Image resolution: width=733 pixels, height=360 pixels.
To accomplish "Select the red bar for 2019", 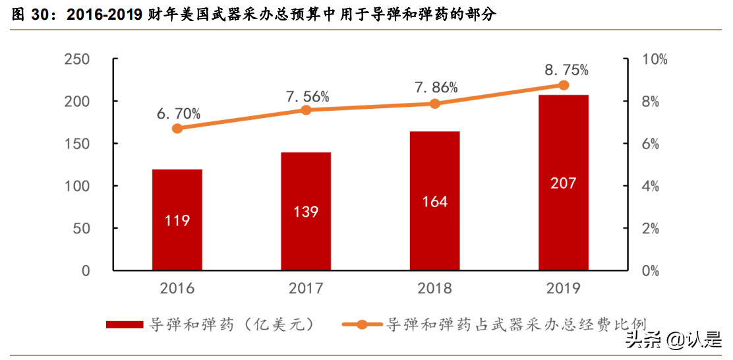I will (x=563, y=183).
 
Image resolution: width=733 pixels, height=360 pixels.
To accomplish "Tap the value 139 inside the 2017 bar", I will (x=306, y=212).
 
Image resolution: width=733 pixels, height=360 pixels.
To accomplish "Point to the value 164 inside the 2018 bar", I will (x=434, y=202).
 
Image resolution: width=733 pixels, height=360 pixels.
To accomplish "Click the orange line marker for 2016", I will (x=177, y=129).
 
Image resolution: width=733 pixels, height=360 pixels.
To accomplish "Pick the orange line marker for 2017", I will (x=306, y=110).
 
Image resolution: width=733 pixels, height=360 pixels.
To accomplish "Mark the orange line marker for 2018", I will (x=434, y=104).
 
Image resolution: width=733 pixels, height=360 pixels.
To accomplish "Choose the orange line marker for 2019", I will (x=563, y=85).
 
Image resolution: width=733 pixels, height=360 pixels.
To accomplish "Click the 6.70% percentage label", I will (x=179, y=113).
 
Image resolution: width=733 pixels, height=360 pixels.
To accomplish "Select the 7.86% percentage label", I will (x=436, y=88).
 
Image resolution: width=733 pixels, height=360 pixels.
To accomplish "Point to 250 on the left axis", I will (x=77, y=59).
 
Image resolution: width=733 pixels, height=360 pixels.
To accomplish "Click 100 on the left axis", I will (x=77, y=187).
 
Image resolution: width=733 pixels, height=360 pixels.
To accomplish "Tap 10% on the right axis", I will (x=655, y=59).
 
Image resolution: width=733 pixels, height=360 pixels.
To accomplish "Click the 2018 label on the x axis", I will (x=434, y=289).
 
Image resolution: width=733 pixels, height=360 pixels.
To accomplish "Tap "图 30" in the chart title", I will (x=30, y=15).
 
